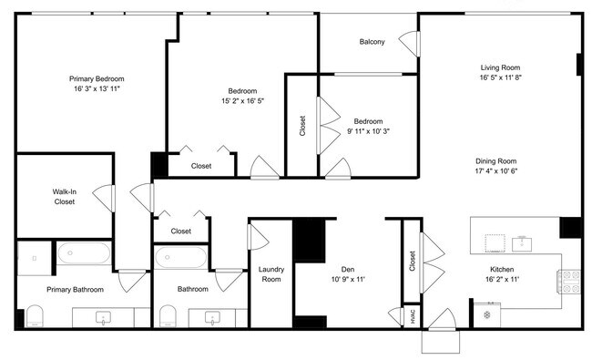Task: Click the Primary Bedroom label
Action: click(97, 78)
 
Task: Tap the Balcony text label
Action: click(372, 42)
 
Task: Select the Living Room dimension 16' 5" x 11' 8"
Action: click(500, 78)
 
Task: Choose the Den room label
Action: click(347, 269)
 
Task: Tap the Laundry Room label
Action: click(270, 274)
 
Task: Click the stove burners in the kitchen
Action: click(571, 281)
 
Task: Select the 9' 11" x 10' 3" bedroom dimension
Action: click(368, 132)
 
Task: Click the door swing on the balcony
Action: click(411, 42)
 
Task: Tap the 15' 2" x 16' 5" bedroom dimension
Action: click(241, 102)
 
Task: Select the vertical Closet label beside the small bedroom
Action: click(302, 125)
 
